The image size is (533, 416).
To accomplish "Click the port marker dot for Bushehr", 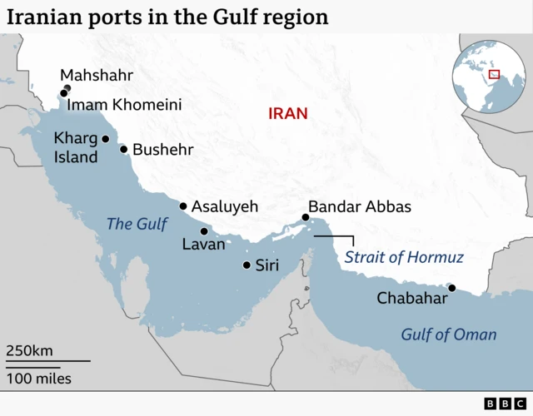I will (x=124, y=150).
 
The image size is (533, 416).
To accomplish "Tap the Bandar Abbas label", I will (x=359, y=207).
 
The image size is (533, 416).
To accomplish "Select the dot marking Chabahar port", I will (x=452, y=289).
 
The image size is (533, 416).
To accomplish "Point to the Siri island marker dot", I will (x=247, y=265).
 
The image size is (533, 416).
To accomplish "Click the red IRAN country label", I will (x=287, y=113).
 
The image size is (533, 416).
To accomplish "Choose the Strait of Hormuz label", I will (x=403, y=257).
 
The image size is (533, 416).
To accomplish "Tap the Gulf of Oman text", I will (x=448, y=334).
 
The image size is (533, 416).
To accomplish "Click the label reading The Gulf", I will (x=137, y=224).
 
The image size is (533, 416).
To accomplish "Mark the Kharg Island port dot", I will (x=106, y=139).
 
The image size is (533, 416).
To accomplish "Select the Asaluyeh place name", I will (x=225, y=206).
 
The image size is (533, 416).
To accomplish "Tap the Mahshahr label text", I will (x=97, y=76).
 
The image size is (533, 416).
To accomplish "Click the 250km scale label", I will (x=30, y=350).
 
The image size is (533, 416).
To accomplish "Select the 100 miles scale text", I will (x=39, y=379).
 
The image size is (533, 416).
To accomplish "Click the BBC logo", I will (x=501, y=404).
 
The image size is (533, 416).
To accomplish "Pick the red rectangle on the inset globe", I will (x=494, y=74).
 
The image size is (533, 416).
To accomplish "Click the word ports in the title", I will (x=107, y=17).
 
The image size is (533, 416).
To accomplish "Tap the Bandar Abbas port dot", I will (x=306, y=218).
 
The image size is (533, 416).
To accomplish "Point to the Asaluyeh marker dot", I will (x=183, y=206).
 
